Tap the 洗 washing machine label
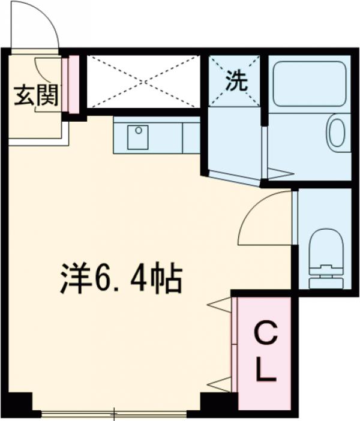pos(235,82)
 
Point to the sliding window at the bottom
pos(114,413)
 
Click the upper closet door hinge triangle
pos(220,305)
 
